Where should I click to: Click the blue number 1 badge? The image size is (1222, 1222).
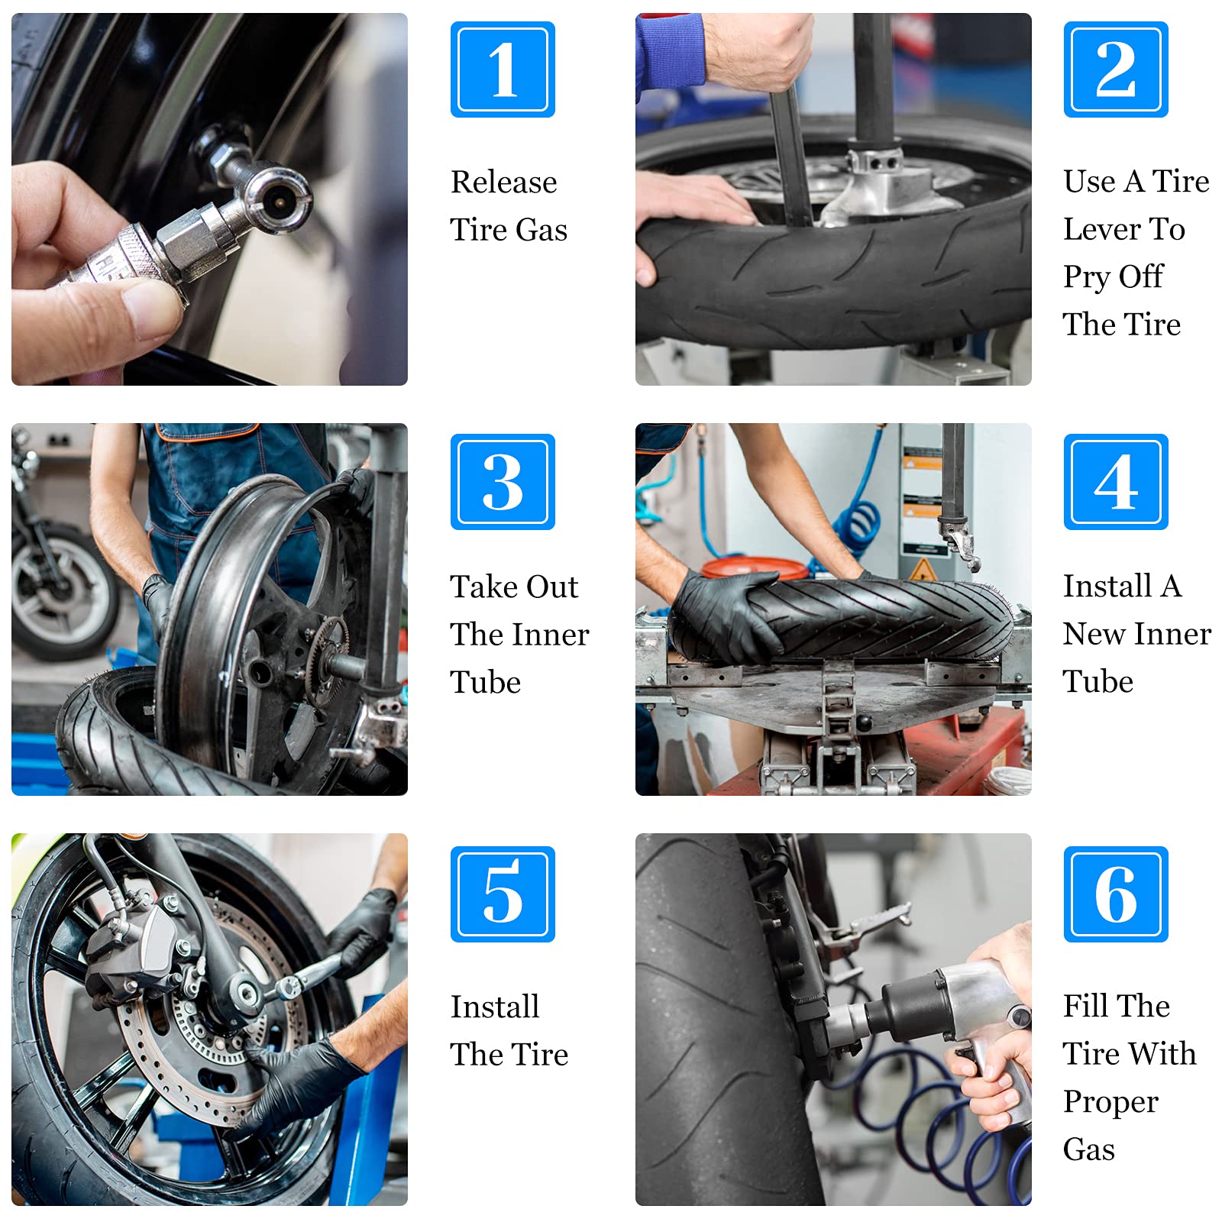point(503,70)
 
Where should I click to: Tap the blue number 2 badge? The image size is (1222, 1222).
point(1116,70)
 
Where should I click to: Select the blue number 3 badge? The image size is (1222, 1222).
point(503,482)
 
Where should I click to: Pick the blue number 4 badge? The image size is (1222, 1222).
point(1116,482)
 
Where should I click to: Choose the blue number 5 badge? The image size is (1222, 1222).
point(503,894)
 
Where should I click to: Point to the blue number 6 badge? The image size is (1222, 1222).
point(1116,894)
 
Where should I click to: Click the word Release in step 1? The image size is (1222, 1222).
point(504,183)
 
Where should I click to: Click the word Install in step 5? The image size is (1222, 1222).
point(495,1007)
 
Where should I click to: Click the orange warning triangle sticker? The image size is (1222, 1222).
point(923,570)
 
